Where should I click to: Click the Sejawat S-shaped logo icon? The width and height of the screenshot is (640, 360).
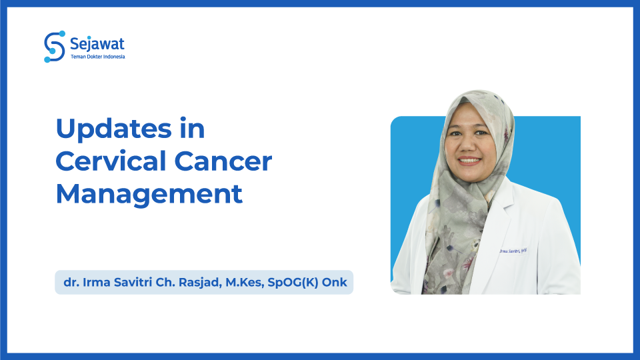(54, 46)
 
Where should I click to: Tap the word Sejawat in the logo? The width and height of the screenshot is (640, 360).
(97, 45)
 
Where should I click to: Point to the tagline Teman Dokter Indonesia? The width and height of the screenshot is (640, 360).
(97, 57)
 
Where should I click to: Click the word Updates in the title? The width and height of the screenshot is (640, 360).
(113, 129)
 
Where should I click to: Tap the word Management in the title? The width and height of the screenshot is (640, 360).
(149, 193)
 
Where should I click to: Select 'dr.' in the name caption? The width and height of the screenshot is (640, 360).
(70, 283)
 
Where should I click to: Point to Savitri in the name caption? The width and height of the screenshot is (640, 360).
(129, 283)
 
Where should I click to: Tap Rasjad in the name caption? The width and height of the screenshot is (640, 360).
(197, 283)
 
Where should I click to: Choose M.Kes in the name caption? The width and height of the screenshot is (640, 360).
(243, 283)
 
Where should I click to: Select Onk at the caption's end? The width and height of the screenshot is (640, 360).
(335, 283)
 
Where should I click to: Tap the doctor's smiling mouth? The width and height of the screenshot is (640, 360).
(469, 161)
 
